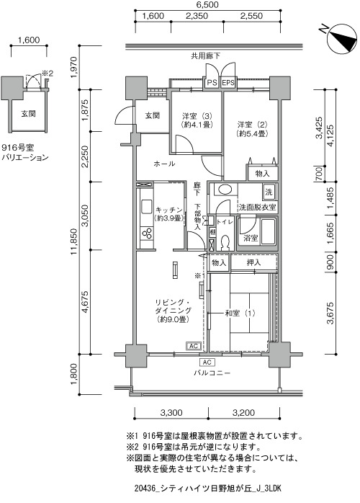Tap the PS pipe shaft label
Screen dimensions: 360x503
pos(211,83)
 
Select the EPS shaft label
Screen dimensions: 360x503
pos(228,83)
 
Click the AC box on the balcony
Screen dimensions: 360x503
pos(207,362)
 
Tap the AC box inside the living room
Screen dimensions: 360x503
pos(193,346)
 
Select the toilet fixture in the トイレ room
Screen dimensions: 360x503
pos(225,243)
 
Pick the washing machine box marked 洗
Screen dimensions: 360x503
pos(269,192)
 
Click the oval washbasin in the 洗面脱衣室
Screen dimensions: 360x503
pos(222,190)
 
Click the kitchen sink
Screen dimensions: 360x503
pos(146,206)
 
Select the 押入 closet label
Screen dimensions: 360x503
pos(253,263)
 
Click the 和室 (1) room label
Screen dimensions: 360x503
pos(240,313)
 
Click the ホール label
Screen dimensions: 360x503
pos(164,164)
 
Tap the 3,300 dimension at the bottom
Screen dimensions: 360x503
pos(171,412)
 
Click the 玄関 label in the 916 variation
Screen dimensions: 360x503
pos(29,114)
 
